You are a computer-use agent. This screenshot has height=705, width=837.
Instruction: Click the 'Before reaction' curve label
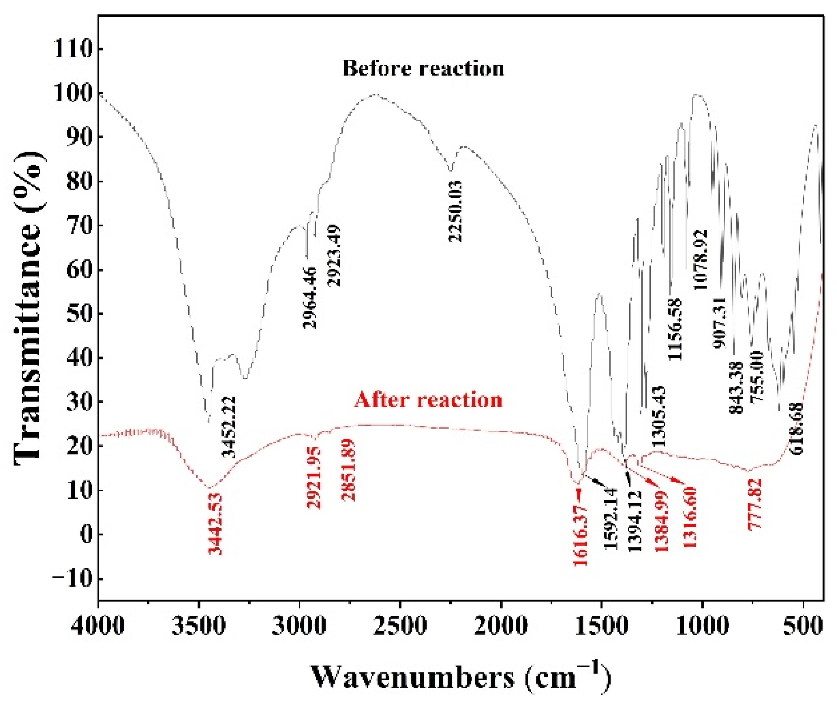click(423, 68)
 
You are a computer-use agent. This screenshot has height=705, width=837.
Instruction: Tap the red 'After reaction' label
click(428, 399)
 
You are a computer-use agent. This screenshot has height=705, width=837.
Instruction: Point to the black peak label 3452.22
click(229, 426)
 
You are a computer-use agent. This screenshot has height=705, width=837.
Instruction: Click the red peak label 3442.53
click(215, 524)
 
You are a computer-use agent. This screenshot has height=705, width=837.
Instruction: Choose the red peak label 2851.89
click(348, 470)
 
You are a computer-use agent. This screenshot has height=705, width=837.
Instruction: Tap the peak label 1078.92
click(700, 259)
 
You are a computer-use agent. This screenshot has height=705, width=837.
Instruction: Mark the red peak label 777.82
click(755, 504)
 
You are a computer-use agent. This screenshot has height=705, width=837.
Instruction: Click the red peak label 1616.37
click(580, 535)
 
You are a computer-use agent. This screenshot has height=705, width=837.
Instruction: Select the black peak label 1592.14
click(610, 518)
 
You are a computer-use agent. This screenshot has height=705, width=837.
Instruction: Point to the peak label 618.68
click(796, 428)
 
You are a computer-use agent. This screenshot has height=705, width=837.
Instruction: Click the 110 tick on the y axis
click(73, 49)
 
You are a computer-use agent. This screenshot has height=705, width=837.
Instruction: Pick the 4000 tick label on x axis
click(98, 626)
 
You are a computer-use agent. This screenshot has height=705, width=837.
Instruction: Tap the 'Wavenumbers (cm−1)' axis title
click(461, 677)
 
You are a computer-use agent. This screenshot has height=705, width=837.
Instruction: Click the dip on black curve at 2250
click(450, 170)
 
